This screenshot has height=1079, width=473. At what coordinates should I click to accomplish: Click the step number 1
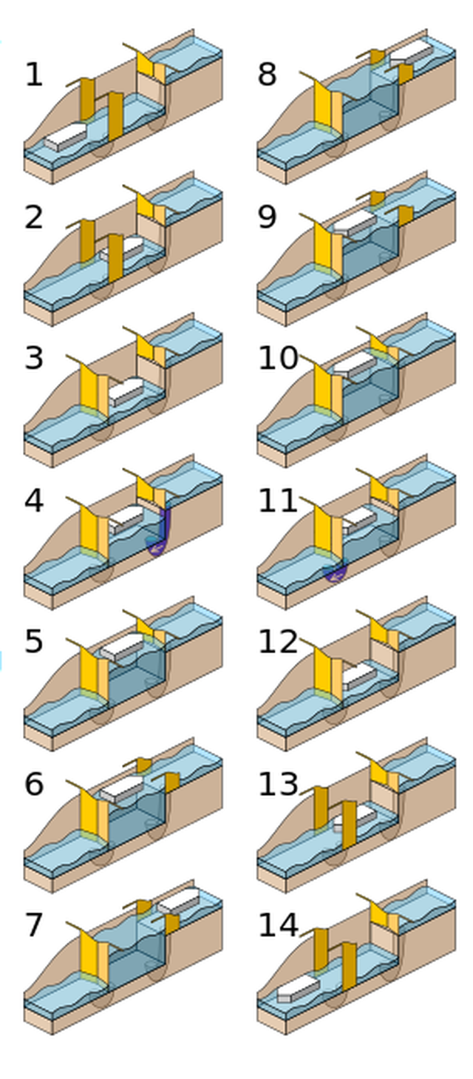pos(34,75)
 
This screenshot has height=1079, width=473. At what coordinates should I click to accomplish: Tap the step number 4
pos(34,501)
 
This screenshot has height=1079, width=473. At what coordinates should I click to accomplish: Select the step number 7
pos(34,926)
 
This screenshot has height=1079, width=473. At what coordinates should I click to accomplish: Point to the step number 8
pos(267,75)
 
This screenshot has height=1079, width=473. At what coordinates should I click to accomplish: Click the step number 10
pos(277,359)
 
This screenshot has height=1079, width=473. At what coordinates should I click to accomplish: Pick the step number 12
pos(277,643)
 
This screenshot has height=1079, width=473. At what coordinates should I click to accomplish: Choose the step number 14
pos(277,926)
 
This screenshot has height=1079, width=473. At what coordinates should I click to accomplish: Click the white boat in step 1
pos(65,137)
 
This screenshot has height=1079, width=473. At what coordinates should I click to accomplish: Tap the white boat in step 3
pos(126,390)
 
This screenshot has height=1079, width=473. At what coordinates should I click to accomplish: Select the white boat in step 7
pos(178,902)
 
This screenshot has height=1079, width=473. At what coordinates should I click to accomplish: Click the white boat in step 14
pos(297,987)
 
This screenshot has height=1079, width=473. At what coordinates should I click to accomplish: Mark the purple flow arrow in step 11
pos(335,572)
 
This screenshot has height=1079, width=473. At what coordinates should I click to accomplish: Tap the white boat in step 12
pos(359,675)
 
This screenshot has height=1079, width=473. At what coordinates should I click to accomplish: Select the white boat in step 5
pos(122,647)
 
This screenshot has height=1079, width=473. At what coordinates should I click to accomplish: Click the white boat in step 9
pos(355,225)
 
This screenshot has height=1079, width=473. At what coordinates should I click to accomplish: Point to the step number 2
pos(34,217)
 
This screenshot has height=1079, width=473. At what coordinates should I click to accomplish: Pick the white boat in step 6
pos(122,788)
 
